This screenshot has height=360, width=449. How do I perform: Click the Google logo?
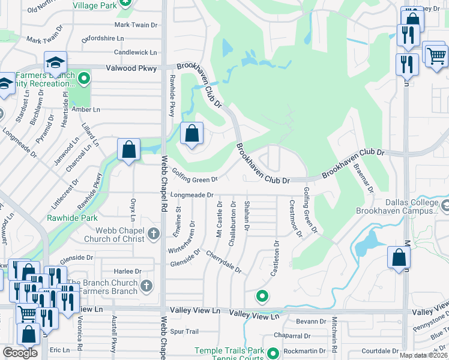[x=20, y=353]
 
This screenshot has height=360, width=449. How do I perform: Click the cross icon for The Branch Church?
[x=147, y=286]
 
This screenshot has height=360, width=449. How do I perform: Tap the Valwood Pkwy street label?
[x=130, y=68]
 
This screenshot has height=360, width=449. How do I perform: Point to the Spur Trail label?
[x=184, y=331]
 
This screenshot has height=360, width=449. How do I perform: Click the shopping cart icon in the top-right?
[x=436, y=56]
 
